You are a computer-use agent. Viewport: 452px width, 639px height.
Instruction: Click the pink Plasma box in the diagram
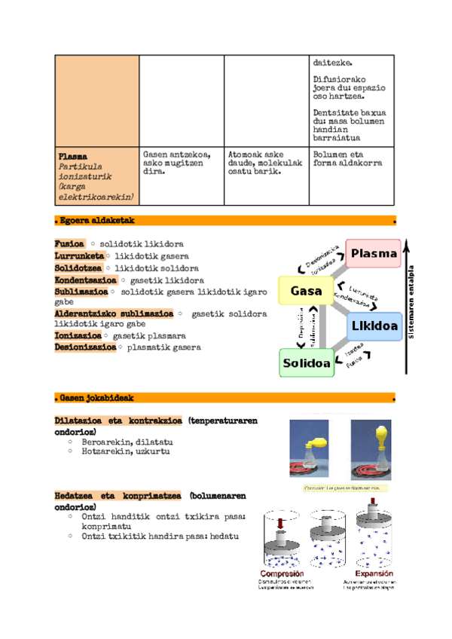(x=373, y=253)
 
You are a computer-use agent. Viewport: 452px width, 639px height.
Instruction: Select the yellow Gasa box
(x=307, y=290)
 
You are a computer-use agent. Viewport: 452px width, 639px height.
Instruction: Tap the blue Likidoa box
(x=374, y=327)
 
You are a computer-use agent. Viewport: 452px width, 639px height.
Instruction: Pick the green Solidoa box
(x=307, y=363)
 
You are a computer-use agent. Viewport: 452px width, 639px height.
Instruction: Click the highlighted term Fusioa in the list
(x=69, y=244)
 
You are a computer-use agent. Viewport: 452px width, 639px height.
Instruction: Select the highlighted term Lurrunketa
(x=79, y=256)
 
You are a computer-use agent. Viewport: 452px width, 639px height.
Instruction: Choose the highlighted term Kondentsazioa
(x=85, y=280)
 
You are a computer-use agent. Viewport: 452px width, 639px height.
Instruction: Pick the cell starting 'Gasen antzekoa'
(x=178, y=163)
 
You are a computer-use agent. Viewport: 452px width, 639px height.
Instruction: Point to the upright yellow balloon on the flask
(x=373, y=434)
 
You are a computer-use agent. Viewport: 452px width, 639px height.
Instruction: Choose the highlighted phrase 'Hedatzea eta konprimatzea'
(x=118, y=495)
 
